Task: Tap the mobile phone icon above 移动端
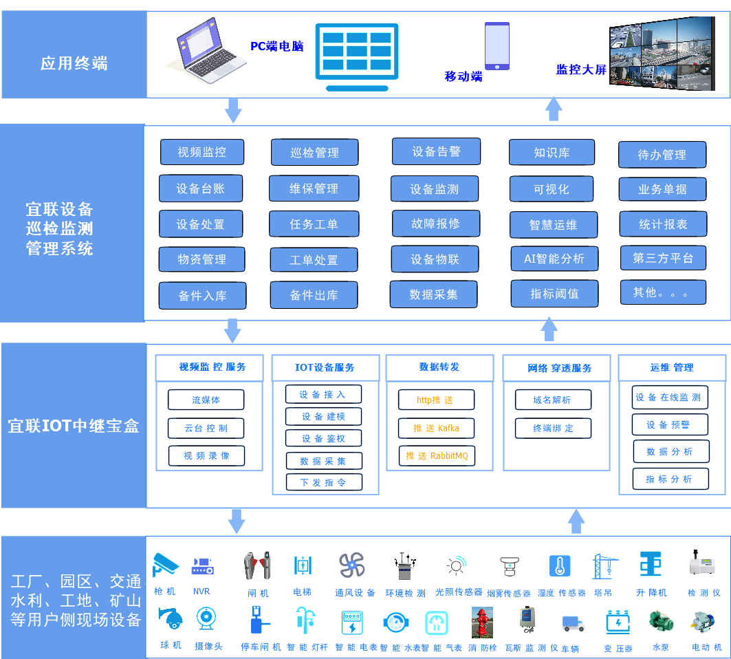point(497,46)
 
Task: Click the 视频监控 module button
point(201,152)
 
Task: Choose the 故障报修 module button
point(435,224)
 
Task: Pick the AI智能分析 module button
point(554,259)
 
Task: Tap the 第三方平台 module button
point(663,258)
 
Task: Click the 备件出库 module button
point(314,295)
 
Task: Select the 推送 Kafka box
point(436,428)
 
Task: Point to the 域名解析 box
point(552,400)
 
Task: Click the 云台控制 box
point(206,428)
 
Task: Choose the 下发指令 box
point(323,482)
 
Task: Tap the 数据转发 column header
point(439,367)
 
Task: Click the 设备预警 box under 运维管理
point(669,424)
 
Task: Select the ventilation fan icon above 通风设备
point(351,565)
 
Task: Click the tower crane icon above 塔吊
point(603,566)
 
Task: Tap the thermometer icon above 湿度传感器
point(560,565)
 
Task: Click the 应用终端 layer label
point(74,64)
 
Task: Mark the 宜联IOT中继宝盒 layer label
point(74,426)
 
